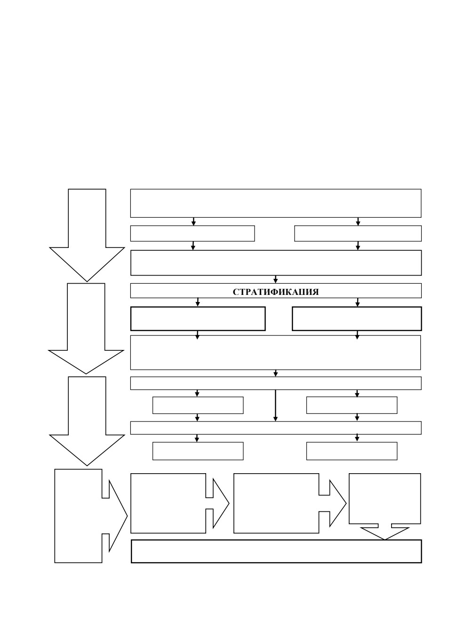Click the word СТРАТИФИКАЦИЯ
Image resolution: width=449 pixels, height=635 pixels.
[x=276, y=292]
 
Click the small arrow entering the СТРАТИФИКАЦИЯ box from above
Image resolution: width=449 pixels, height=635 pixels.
[x=275, y=279]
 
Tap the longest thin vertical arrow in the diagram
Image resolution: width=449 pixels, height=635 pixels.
[x=275, y=405]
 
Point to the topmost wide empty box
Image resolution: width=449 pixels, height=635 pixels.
[x=276, y=203]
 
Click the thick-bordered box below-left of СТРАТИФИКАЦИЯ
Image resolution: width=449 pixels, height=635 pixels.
[x=198, y=318]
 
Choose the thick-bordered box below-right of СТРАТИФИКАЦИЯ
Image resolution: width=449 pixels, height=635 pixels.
[x=357, y=318]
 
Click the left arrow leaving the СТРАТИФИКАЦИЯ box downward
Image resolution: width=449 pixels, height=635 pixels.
[x=198, y=302]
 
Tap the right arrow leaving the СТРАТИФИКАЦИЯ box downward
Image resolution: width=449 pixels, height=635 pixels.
[x=357, y=302]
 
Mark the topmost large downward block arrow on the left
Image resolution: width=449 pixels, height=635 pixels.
[x=87, y=235]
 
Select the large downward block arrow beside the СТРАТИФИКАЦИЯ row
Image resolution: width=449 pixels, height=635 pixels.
[x=86, y=329]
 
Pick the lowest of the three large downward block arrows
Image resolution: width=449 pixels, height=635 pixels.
[x=87, y=421]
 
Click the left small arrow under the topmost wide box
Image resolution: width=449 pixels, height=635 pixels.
[x=193, y=222]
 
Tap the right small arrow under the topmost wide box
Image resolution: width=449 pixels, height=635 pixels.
[x=358, y=222]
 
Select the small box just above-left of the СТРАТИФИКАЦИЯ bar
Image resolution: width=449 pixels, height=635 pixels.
[x=192, y=234]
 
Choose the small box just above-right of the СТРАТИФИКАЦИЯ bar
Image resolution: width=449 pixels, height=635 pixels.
[x=358, y=234]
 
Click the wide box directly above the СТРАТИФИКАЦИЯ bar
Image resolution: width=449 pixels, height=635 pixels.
[x=276, y=263]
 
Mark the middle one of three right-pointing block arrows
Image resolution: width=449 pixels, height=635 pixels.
[x=290, y=503]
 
